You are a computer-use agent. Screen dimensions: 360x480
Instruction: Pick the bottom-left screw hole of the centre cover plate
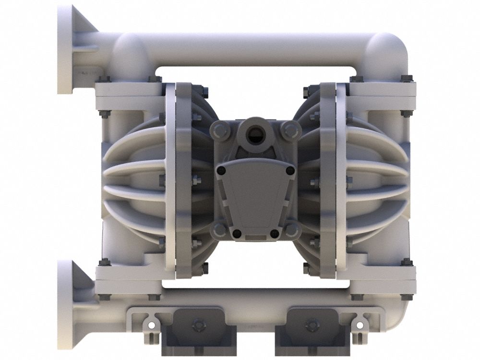pos(236,233)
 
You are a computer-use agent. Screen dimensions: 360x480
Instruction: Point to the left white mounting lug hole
pos(151,325)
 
